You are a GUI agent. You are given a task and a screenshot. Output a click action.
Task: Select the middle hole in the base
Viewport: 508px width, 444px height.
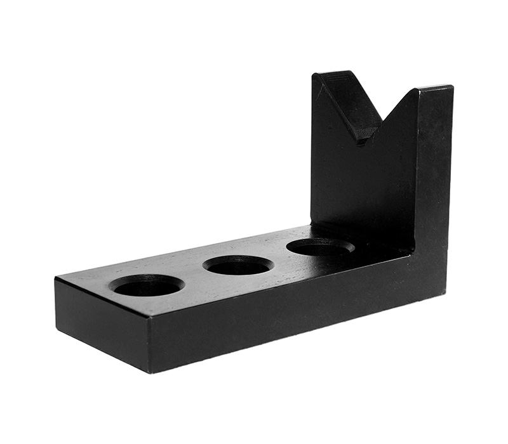pos(239,264)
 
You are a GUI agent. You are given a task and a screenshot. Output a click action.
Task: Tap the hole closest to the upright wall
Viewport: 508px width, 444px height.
pos(320,247)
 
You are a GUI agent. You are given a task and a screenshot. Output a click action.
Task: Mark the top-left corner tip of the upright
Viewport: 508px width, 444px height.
pos(313,75)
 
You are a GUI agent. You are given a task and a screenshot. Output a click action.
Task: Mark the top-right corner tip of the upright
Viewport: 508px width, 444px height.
pos(452,87)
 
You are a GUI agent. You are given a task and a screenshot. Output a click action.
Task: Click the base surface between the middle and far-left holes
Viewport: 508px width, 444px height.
pos(193,276)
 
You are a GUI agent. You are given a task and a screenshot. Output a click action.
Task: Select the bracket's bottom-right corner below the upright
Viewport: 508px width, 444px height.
pos(444,292)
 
